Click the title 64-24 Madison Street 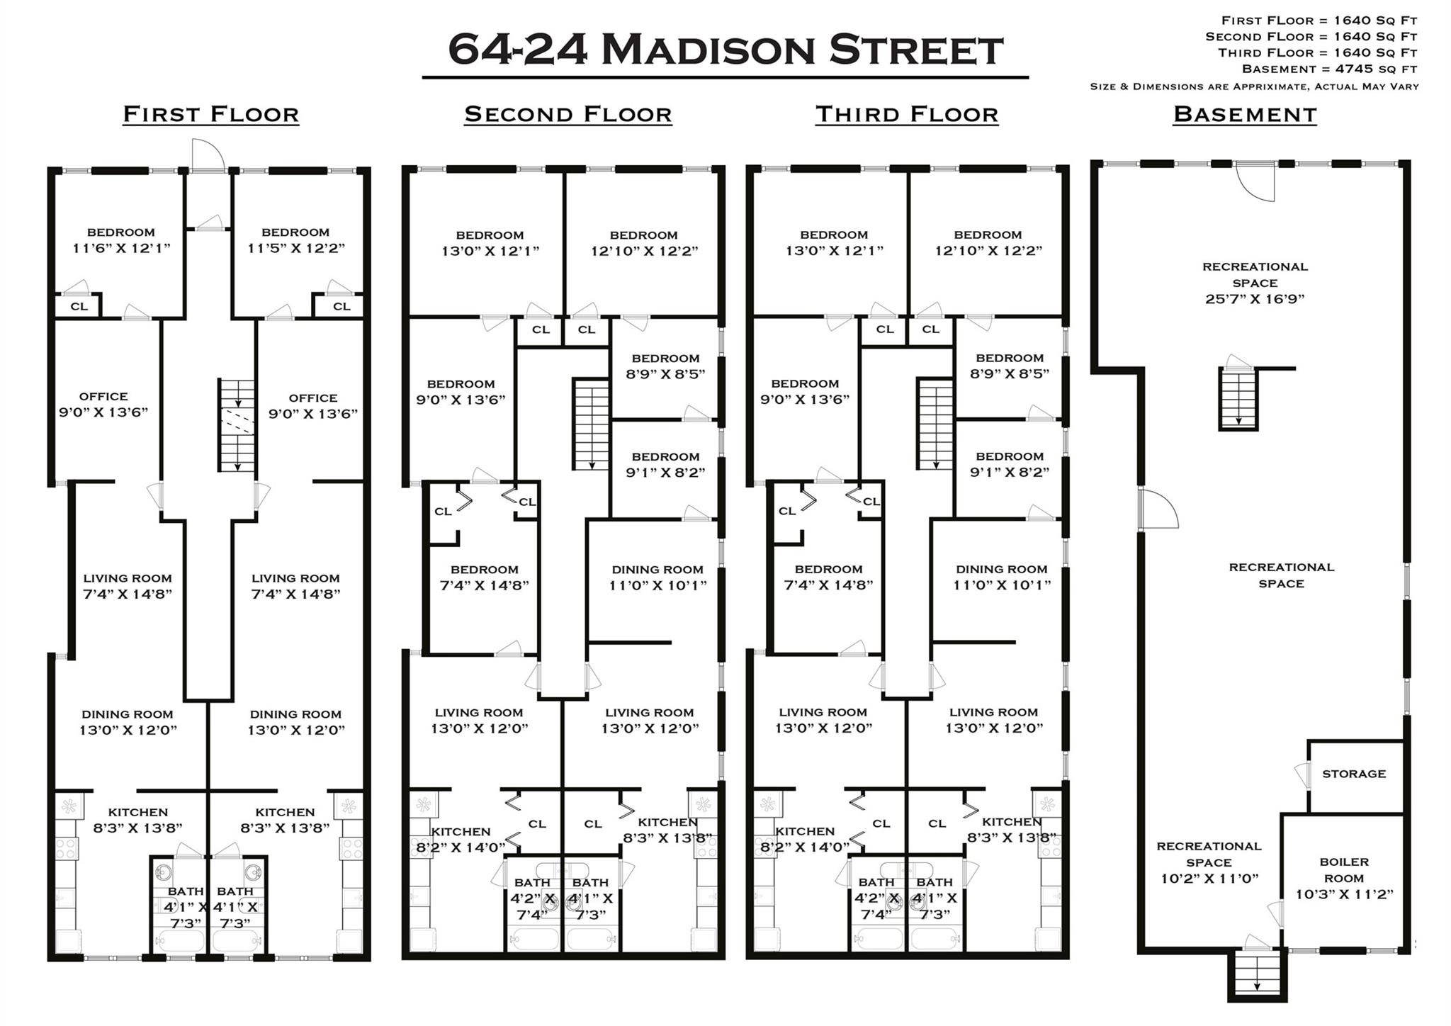(725, 50)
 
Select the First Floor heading (210, 114)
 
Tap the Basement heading (1245, 114)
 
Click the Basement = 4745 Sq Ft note (1329, 69)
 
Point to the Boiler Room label (1344, 870)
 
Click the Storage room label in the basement (1353, 774)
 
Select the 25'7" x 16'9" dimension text (1254, 299)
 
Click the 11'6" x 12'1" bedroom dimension (121, 248)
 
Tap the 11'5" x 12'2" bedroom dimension (295, 248)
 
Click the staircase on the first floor (237, 425)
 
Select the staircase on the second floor (591, 424)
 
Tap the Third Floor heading (906, 114)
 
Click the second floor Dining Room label (657, 570)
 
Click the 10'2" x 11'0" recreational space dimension (1209, 879)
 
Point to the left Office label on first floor (103, 397)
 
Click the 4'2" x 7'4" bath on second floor (531, 898)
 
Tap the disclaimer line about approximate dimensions (1254, 86)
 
